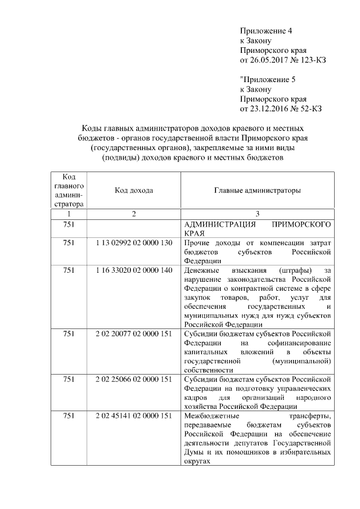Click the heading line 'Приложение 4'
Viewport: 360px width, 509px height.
pyautogui.click(x=266, y=31)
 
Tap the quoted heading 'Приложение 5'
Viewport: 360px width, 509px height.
pyautogui.click(x=267, y=79)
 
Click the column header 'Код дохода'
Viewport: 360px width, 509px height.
pyautogui.click(x=134, y=191)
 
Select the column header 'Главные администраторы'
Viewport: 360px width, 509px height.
pyautogui.click(x=257, y=191)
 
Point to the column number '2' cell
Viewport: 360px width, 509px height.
pyautogui.click(x=134, y=214)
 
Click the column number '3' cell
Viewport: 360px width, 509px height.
pyautogui.click(x=257, y=214)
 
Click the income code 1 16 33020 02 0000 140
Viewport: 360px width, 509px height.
pyautogui.click(x=134, y=271)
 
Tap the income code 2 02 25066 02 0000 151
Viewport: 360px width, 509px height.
pyautogui.click(x=134, y=379)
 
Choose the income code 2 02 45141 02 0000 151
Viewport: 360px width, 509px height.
pyautogui.click(x=134, y=416)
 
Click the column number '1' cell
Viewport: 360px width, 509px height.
pyautogui.click(x=69, y=214)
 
